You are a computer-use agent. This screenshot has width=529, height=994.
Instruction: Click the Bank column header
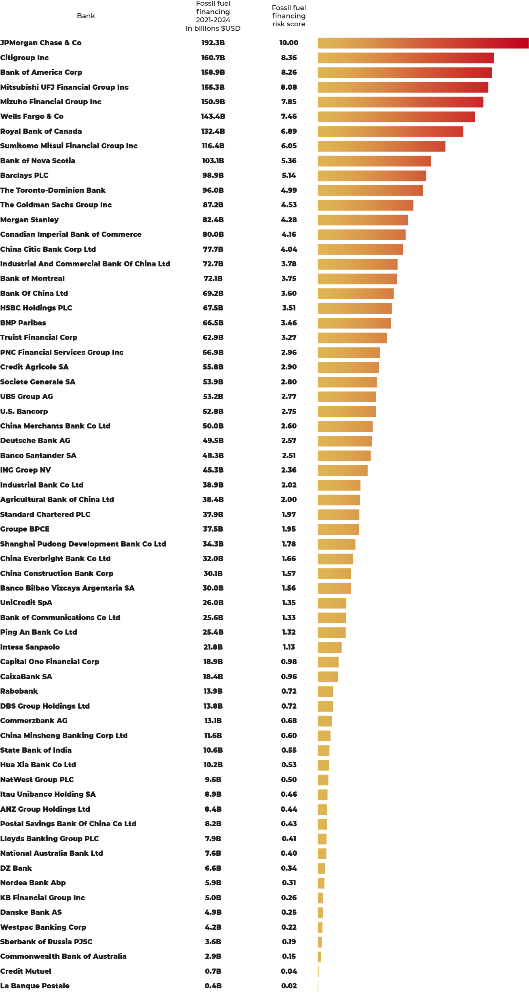tap(86, 16)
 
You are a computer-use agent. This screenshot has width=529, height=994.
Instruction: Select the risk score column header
tap(289, 16)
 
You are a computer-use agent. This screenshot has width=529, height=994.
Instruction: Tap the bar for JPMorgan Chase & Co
tap(423, 43)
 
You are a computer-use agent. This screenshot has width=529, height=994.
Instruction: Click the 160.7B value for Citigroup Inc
tap(213, 58)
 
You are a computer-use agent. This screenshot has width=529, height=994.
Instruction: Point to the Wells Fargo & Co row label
tap(32, 116)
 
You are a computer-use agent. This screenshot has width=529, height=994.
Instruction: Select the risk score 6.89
tap(289, 131)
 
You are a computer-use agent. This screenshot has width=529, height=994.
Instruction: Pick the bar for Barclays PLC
tap(372, 175)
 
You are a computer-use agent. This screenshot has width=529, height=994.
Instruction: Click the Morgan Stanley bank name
tap(30, 220)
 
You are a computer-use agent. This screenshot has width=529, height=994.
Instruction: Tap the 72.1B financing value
tap(213, 279)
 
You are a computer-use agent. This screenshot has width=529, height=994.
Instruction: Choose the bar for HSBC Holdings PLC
tap(354, 308)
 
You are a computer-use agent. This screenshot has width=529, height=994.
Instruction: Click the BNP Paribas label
tap(23, 323)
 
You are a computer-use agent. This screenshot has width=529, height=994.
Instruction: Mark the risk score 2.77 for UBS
tap(289, 397)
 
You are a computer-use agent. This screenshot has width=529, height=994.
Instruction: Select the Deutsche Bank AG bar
tap(345, 441)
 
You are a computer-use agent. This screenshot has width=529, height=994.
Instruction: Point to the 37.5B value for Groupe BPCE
tap(213, 529)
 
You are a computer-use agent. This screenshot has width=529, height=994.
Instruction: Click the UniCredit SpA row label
tap(26, 603)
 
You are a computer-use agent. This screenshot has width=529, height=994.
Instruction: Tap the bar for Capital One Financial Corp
tap(328, 662)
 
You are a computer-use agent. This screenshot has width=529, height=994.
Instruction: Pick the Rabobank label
tap(19, 691)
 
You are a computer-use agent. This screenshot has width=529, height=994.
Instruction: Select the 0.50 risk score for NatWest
tap(289, 779)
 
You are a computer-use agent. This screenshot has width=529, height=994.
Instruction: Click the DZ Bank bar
tap(321, 868)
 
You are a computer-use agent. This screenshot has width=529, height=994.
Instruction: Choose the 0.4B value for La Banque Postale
tap(213, 986)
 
